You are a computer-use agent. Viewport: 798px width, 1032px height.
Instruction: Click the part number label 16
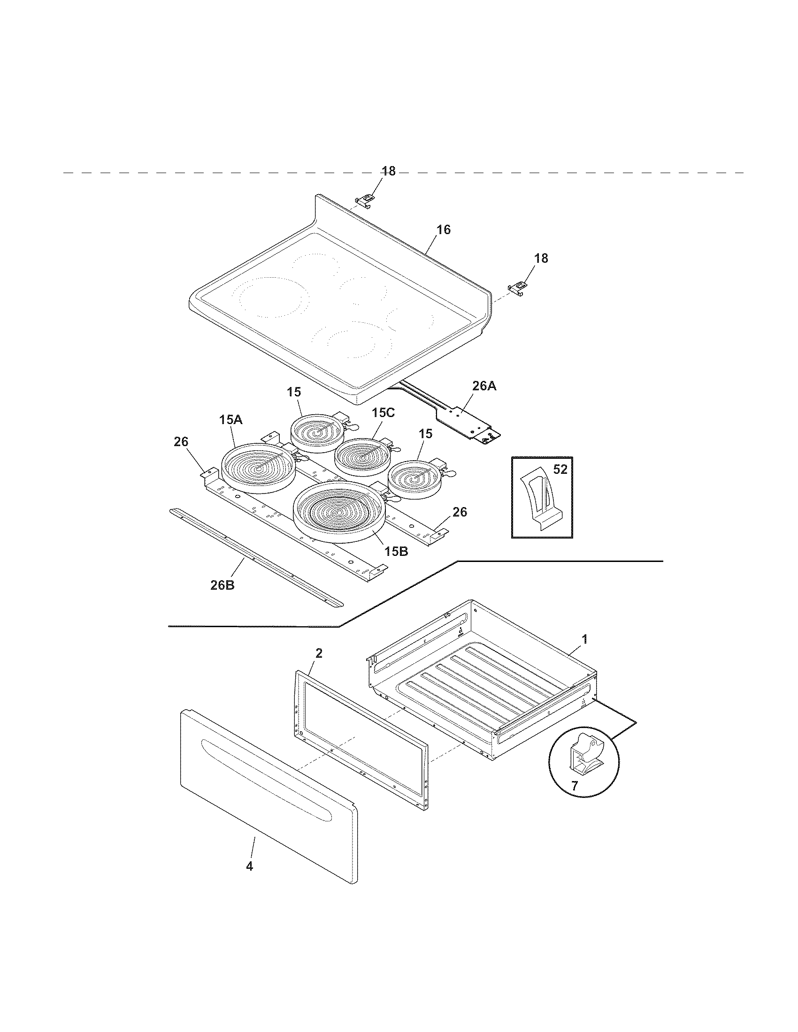click(443, 230)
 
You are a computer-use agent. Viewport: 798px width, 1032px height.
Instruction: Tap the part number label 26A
click(483, 386)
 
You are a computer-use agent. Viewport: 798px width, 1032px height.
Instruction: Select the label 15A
click(230, 420)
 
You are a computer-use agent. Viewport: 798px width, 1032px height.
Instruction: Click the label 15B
click(396, 552)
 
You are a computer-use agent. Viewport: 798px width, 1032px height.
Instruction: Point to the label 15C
click(383, 412)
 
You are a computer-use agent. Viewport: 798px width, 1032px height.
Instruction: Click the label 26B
click(222, 585)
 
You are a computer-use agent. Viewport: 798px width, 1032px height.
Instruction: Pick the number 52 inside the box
click(560, 470)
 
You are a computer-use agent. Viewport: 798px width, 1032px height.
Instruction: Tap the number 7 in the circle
click(575, 786)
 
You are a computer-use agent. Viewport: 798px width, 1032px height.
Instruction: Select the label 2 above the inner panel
click(319, 653)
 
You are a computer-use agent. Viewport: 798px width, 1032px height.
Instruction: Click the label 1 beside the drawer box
click(584, 639)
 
